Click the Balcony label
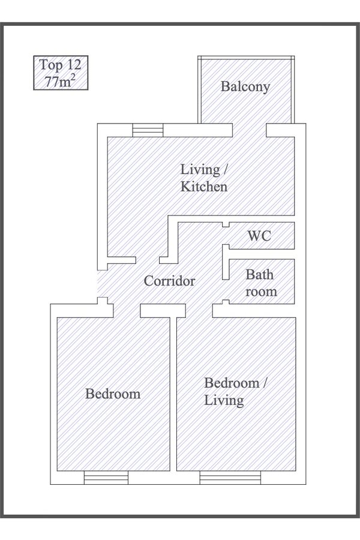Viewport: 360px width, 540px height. coord(245,86)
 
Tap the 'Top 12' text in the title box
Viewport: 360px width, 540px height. coord(60,65)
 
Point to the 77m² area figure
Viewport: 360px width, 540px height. coord(60,81)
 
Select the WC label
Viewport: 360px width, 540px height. coord(259,236)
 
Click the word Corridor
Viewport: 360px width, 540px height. coord(169,281)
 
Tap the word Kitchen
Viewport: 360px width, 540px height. coord(204,187)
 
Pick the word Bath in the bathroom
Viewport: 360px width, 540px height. coord(260,275)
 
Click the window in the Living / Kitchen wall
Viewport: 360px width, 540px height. coord(148,130)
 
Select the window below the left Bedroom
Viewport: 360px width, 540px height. coord(106,478)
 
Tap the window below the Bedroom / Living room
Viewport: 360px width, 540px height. coord(230,478)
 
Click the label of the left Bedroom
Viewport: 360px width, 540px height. coord(113,394)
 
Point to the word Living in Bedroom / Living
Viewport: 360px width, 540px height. coord(224,400)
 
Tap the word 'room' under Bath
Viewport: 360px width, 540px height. coord(261,292)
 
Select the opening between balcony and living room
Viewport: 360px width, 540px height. coord(250,130)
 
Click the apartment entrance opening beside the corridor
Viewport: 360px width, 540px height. coord(103,283)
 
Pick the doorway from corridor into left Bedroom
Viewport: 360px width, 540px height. coord(127,311)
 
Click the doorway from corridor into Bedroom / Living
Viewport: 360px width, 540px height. coord(199,311)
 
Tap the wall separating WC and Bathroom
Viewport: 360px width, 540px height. coord(262,254)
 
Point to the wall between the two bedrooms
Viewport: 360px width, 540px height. coord(173,394)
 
